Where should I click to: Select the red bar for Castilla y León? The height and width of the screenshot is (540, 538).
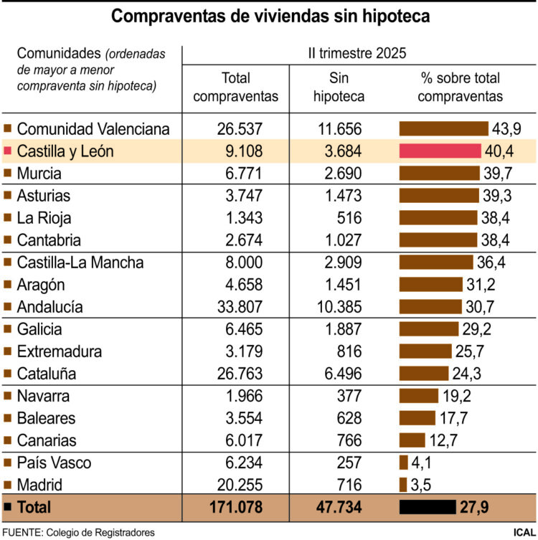pos(439,151)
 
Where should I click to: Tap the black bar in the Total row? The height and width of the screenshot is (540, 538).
pos(428,507)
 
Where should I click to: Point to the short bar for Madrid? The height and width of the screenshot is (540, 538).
pos(403,485)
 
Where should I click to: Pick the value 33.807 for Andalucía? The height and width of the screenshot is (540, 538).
pos(240,307)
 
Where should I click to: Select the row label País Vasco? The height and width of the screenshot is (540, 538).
pos(54,463)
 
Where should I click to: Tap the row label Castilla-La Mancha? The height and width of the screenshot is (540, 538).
pos(80,262)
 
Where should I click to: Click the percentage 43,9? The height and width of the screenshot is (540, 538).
pos(506,129)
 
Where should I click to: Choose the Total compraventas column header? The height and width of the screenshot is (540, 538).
pos(236,87)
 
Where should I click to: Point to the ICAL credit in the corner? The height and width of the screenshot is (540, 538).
pos(523,532)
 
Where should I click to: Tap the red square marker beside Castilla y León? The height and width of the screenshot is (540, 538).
pos(8,151)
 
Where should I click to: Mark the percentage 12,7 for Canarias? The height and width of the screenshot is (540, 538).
pos(443,440)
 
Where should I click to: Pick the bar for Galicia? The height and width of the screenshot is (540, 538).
pos(428,329)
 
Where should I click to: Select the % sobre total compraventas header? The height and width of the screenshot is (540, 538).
pos(460,87)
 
